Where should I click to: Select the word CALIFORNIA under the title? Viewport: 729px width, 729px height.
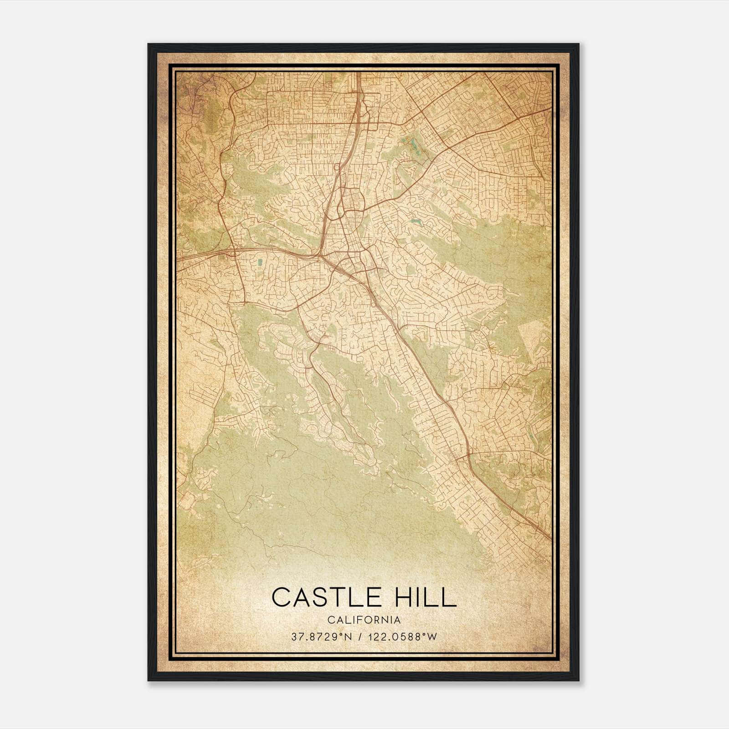(364, 620)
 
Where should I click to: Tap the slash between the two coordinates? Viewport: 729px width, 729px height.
(359, 637)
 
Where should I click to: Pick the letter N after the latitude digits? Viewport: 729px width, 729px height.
(349, 637)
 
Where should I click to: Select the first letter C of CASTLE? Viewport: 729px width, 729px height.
(281, 597)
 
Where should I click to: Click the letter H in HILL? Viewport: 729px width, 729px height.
(405, 597)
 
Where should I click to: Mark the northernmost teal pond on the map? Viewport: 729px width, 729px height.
(414, 145)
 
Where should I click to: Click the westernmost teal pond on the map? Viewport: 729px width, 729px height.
(260, 263)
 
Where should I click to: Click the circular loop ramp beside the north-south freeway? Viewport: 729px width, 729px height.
(336, 168)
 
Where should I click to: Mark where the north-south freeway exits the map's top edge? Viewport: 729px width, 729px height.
(359, 72)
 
